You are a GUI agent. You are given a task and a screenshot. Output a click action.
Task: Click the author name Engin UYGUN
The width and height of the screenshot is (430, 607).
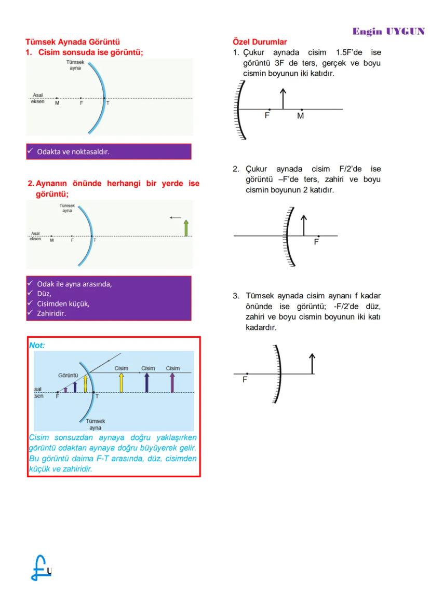coord(388,31)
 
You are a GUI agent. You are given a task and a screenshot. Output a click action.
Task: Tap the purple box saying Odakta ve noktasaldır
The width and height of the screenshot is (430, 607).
coord(109,151)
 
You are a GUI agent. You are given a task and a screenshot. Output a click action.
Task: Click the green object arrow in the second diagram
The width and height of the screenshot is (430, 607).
coord(186,228)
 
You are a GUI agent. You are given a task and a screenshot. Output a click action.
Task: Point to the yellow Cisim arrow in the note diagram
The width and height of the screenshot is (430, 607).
coord(121,382)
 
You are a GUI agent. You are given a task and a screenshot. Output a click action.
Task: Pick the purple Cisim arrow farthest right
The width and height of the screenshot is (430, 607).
coord(172,382)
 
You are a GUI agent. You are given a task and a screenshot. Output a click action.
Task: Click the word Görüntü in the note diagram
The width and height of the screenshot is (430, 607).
coord(68,375)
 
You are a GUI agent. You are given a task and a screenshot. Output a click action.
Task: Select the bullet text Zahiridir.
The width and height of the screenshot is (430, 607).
coord(51,313)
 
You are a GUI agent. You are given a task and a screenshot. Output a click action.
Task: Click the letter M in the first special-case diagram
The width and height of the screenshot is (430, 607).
coord(300,116)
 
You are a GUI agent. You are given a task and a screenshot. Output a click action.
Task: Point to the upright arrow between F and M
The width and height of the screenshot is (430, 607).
coord(283,99)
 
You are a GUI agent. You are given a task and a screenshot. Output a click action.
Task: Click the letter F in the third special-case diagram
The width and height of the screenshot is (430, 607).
coord(245,380)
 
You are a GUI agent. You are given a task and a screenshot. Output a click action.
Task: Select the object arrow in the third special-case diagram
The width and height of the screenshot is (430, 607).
coord(312,364)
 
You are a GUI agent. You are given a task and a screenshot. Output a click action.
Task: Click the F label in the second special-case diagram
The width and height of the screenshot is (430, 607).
coord(316,242)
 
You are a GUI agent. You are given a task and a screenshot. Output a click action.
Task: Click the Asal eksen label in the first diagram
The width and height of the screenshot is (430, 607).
coord(37,99)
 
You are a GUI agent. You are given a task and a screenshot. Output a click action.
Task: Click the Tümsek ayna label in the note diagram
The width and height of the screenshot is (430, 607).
coord(95,425)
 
